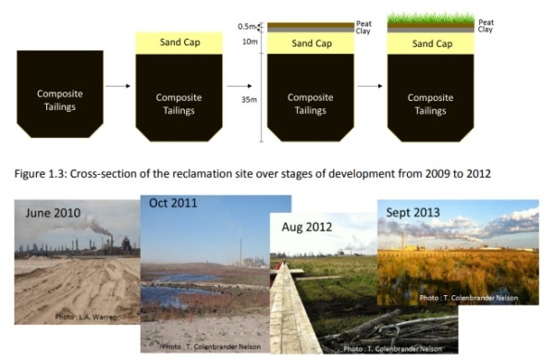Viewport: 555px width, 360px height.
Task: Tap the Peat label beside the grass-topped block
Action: click(485, 21)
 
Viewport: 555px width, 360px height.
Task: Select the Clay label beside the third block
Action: click(363, 30)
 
